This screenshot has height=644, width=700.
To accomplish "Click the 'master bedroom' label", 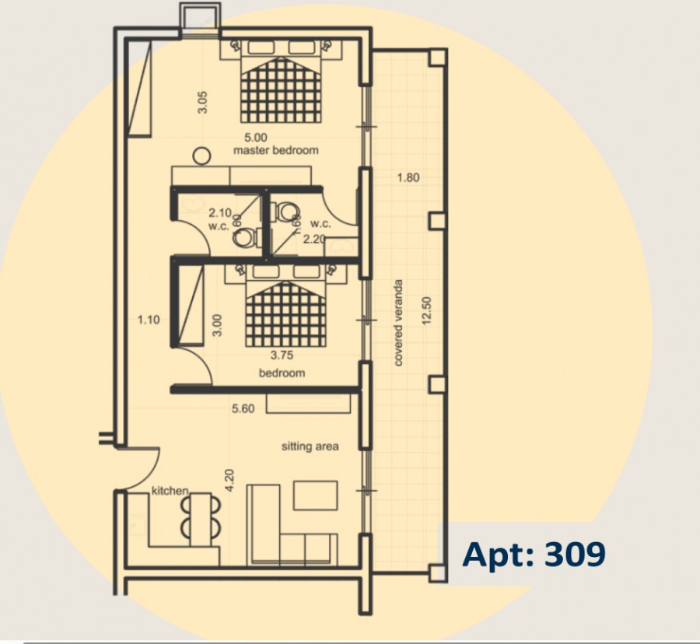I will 275,150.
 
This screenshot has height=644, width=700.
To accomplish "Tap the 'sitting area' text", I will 310,446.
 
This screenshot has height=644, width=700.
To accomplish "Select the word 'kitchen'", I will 170,491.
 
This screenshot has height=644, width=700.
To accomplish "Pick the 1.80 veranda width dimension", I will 408,177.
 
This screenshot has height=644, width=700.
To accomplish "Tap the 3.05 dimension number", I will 202,102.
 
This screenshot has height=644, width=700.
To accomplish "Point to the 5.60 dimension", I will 243,408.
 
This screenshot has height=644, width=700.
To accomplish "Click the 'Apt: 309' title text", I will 534,555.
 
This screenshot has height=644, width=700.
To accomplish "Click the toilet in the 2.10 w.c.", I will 244,237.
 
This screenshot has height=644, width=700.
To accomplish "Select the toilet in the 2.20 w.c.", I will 288,212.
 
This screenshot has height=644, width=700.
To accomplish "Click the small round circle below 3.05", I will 202,156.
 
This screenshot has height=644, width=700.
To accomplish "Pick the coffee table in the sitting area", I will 315,495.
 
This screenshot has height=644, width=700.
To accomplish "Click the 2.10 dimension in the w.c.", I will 220,212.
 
